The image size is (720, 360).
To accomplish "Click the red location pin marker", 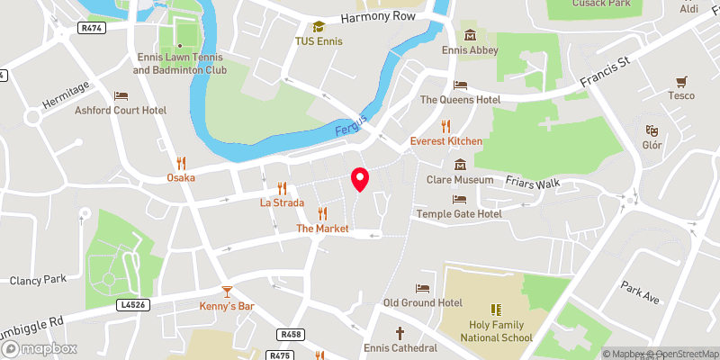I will click(x=360, y=179).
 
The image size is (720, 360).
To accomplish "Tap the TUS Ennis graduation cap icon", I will click(x=318, y=28).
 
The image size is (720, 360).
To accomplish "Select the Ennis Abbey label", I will click(x=471, y=50).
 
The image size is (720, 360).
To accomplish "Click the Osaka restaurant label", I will click(x=181, y=178).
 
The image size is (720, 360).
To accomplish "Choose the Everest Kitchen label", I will click(x=446, y=141).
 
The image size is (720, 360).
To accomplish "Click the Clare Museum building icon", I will click(x=460, y=165).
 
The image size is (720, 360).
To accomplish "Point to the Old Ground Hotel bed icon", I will click(x=422, y=288).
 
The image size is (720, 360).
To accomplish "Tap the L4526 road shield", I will click(x=132, y=305).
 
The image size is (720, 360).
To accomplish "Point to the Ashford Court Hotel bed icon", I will click(x=121, y=95).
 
